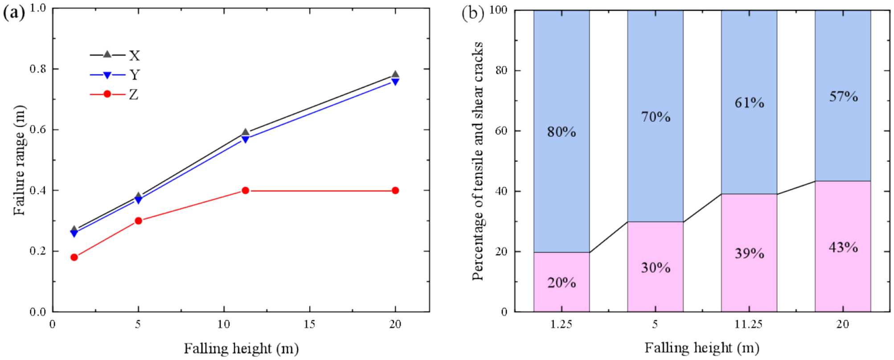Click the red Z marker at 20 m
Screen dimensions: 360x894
[x=395, y=191]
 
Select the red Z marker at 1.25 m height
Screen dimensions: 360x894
[x=74, y=257]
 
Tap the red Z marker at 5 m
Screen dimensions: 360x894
[x=138, y=221]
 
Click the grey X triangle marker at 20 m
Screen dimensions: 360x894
[x=395, y=75]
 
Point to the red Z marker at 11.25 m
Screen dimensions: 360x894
[x=245, y=191]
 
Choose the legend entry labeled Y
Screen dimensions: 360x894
[x=115, y=75]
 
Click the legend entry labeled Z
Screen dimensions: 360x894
[x=115, y=94]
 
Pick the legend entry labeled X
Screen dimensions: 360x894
[x=115, y=55]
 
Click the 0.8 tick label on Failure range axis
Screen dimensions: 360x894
[x=37, y=69]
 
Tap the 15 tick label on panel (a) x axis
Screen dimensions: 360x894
[x=309, y=324]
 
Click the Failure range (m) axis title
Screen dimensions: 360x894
[x=20, y=160]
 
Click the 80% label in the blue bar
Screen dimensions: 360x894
[x=562, y=132]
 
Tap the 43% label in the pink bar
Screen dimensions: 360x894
[x=843, y=247]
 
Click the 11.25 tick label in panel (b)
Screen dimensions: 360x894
[x=749, y=324]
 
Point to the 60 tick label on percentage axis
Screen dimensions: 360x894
[x=502, y=131]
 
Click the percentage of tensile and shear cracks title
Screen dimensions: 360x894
[x=478, y=160]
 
